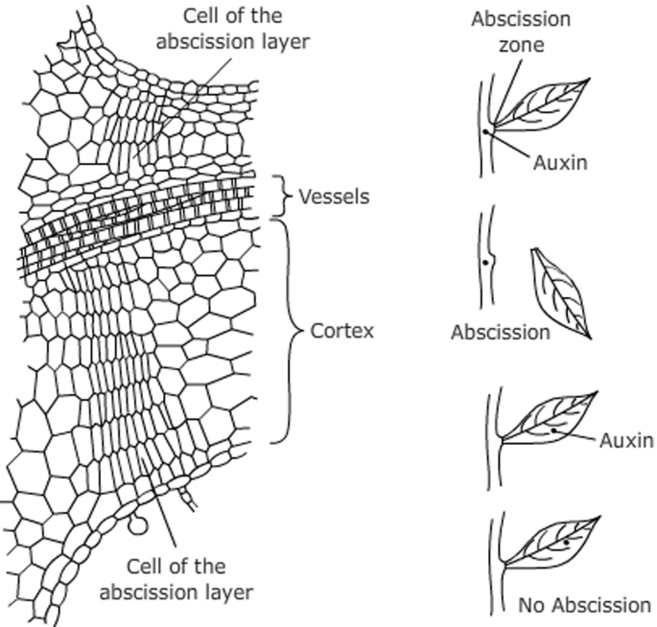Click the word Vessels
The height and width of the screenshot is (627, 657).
(x=333, y=197)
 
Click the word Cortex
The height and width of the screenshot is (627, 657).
(x=341, y=332)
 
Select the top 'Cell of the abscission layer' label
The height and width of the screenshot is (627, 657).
(x=233, y=30)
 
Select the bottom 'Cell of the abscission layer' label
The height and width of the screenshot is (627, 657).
(x=176, y=579)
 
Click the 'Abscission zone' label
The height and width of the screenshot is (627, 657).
(x=521, y=31)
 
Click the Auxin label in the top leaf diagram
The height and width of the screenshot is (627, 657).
(x=560, y=162)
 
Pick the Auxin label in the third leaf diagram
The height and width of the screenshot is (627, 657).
(x=626, y=441)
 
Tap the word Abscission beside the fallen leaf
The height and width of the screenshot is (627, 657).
(x=500, y=333)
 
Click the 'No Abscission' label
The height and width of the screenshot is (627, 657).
(x=584, y=605)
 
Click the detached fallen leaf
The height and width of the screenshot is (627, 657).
(x=560, y=291)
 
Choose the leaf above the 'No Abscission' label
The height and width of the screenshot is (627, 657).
(x=553, y=543)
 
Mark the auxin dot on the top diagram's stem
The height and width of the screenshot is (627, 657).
(x=486, y=130)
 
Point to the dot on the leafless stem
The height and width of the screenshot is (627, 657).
(x=486, y=261)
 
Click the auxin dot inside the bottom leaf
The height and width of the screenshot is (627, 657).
(x=567, y=544)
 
